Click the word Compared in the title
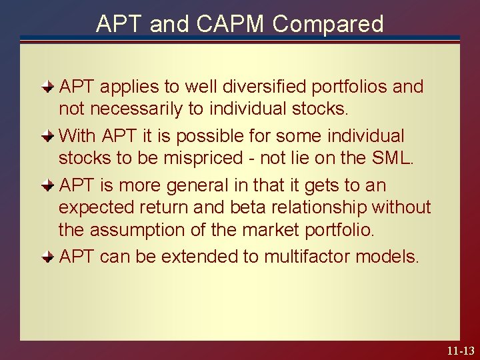tap(328, 24)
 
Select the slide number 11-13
tap(459, 349)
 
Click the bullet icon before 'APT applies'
tap(48, 87)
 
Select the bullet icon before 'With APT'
tap(48, 136)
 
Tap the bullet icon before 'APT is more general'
tap(48, 185)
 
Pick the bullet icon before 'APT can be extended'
tap(48, 256)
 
